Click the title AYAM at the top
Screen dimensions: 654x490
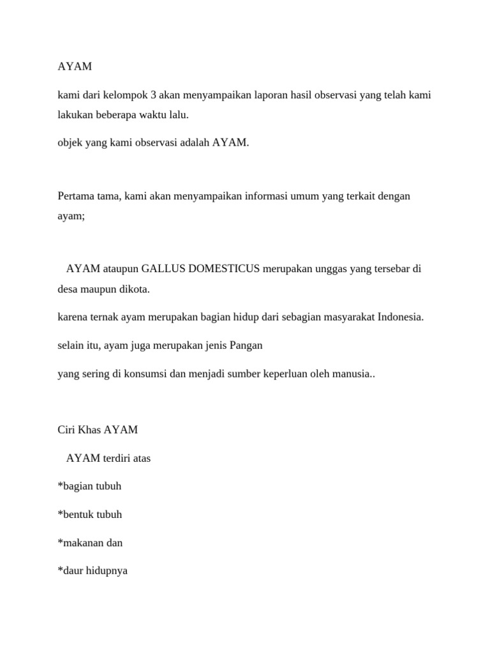(x=75, y=66)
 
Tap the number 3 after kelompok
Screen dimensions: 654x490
(x=154, y=95)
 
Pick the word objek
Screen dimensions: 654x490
(x=70, y=142)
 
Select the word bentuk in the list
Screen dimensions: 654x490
(x=77, y=514)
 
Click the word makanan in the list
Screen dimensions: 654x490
(x=82, y=542)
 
